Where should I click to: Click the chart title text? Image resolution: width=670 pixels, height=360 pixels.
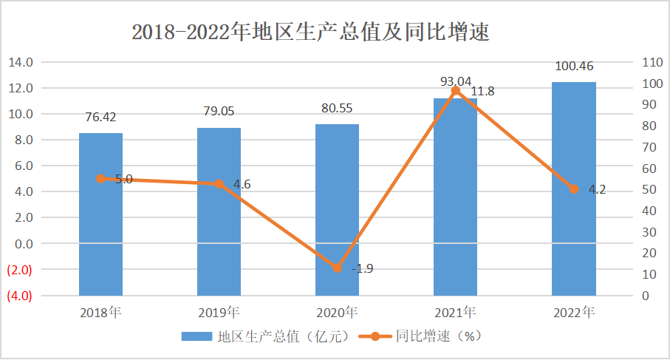tap(310, 33)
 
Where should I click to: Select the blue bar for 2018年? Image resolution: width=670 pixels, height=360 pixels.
tap(100, 214)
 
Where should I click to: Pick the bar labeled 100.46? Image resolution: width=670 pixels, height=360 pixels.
tap(573, 189)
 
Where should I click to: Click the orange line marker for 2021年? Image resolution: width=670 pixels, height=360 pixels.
tap(456, 91)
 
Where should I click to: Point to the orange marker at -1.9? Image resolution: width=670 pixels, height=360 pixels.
tap(338, 268)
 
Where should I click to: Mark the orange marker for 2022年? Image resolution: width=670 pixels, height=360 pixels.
tap(574, 189)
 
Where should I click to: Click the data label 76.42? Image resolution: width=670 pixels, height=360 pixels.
tap(100, 117)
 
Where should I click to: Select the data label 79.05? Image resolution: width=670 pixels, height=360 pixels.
tap(219, 112)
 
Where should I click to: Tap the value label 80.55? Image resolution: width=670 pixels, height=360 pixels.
tap(337, 107)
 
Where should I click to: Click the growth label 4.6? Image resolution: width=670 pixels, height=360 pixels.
tap(242, 185)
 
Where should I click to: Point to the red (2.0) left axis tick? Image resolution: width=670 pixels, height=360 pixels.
tap(19, 270)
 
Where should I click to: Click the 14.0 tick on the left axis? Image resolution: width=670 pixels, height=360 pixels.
tap(20, 63)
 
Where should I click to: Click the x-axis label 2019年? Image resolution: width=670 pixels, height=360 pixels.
tap(219, 311)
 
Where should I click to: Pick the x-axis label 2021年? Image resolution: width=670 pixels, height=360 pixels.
tap(456, 311)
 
